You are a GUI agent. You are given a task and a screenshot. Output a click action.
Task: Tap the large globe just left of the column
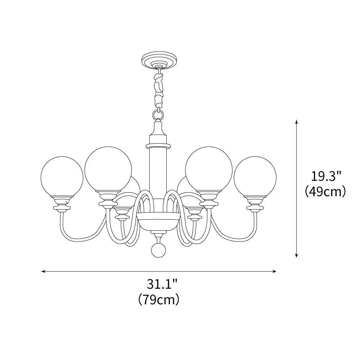(x=108, y=170)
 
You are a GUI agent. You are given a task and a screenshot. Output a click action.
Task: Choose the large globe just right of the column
(x=209, y=170)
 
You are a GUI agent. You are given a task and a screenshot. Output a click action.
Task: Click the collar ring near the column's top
(x=158, y=145)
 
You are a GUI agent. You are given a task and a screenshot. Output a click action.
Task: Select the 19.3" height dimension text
(x=326, y=176)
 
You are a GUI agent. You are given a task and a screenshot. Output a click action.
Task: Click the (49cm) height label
(x=325, y=191)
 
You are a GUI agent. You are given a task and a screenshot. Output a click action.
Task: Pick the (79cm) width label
(x=158, y=299)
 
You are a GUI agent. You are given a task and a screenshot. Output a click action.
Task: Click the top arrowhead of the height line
(x=296, y=122)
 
